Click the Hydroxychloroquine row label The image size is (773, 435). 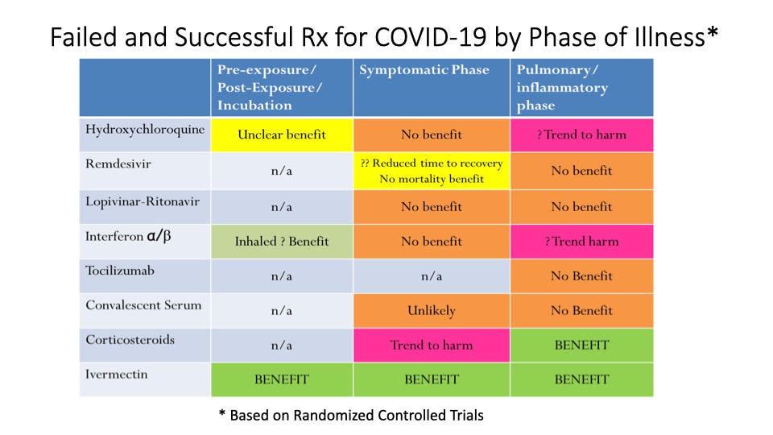tap(144, 128)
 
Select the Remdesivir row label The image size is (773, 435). tap(118, 163)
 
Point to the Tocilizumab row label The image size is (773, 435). tap(120, 270)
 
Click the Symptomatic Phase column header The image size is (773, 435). tap(424, 70)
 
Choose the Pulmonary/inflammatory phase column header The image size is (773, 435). tap(562, 88)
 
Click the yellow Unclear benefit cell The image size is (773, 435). tap(281, 135)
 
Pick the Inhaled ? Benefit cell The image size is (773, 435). tap(281, 241)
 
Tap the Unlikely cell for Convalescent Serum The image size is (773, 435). tap(432, 310)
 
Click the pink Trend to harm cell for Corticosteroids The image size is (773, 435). tap(432, 345)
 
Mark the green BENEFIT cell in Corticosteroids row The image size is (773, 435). tap(581, 345)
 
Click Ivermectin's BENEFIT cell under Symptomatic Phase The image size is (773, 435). tap(432, 379)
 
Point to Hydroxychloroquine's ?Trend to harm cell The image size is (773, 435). tap(581, 135)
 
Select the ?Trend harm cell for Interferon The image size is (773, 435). tap(581, 241)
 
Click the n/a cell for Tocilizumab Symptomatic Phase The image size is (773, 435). tap(432, 275)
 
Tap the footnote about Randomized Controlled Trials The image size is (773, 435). tap(352, 415)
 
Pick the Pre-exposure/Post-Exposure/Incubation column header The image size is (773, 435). tap(265, 88)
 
